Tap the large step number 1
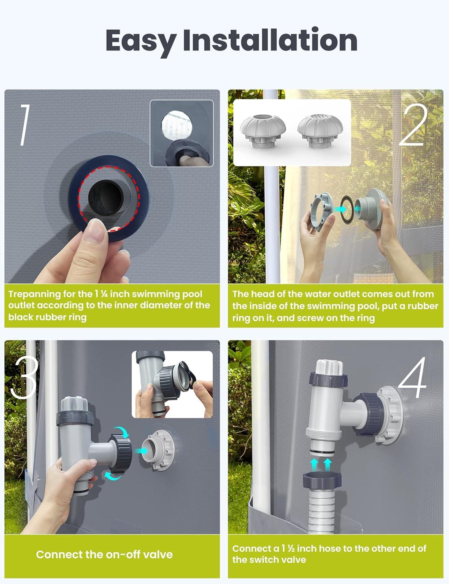25,125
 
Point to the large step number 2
413,125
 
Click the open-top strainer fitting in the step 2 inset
263,131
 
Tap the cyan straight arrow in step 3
142,451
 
